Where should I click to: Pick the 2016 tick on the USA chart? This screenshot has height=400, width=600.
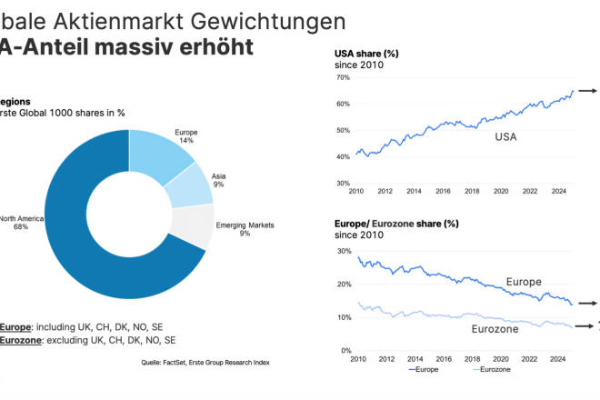click(x=443, y=192)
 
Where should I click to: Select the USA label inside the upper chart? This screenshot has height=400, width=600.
click(x=509, y=136)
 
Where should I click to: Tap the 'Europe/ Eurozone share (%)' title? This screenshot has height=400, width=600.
click(x=396, y=224)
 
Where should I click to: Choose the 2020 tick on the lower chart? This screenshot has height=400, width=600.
click(x=501, y=359)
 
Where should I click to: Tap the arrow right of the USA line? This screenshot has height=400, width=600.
click(x=586, y=91)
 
